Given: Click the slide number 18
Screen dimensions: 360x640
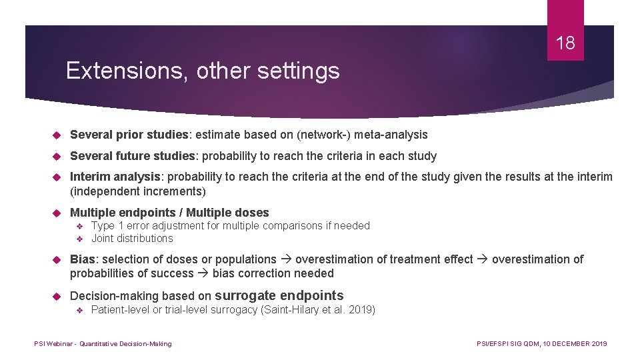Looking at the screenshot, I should click(x=565, y=44).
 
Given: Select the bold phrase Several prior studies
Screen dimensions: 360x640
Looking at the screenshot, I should click(x=129, y=135).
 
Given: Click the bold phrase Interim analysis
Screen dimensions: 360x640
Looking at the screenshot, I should click(x=114, y=176).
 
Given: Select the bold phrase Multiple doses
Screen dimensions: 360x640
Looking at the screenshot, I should click(x=227, y=213).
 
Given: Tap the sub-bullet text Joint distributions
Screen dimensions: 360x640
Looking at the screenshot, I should click(x=132, y=238).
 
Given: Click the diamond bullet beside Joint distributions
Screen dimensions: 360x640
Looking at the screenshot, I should click(x=79, y=239).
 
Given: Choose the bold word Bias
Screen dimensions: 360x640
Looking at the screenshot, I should click(x=82, y=259).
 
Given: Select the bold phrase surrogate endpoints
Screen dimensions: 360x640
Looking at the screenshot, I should click(x=279, y=295).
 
